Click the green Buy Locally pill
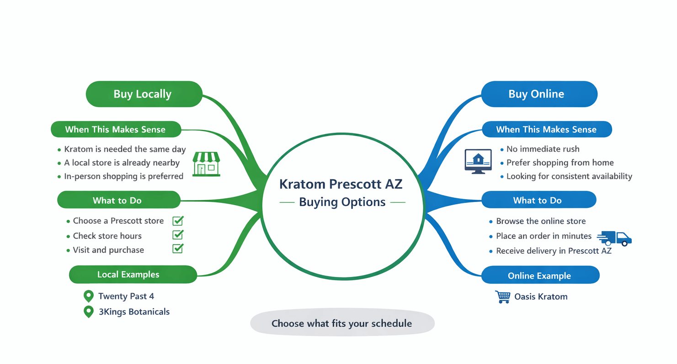[x=144, y=94]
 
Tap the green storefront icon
[x=206, y=164]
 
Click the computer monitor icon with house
[x=478, y=161]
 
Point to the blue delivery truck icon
[x=615, y=238]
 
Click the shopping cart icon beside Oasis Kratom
[x=502, y=297]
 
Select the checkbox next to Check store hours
[x=178, y=235]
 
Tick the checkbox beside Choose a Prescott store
[x=178, y=221]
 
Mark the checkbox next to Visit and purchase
[x=178, y=249]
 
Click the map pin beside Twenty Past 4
[x=89, y=296]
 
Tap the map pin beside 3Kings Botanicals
[x=89, y=312]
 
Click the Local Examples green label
[x=133, y=275]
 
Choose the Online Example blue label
[x=540, y=276]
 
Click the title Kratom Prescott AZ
[x=341, y=184]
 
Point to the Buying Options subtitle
[x=342, y=202]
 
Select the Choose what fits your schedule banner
[x=342, y=324]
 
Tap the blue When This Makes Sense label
[x=546, y=130]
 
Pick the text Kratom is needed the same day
[x=125, y=149]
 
